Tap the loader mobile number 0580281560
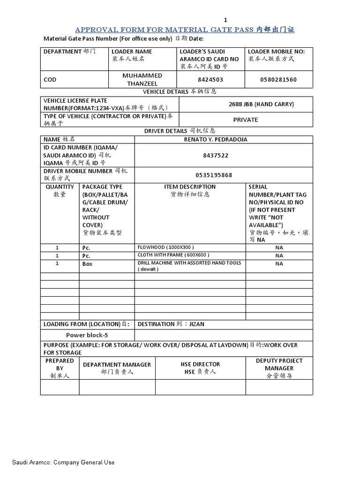pos(278,80)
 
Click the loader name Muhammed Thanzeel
pos(142,80)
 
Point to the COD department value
pos(50,80)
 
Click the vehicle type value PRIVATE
pos(246,120)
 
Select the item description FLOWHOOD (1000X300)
pos(165,247)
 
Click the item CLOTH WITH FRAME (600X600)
pos(173,255)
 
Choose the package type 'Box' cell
pos(88,264)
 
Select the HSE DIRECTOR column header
pos(200,364)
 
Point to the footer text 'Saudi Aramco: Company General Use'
pos(60,463)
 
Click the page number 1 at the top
pos(225,20)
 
